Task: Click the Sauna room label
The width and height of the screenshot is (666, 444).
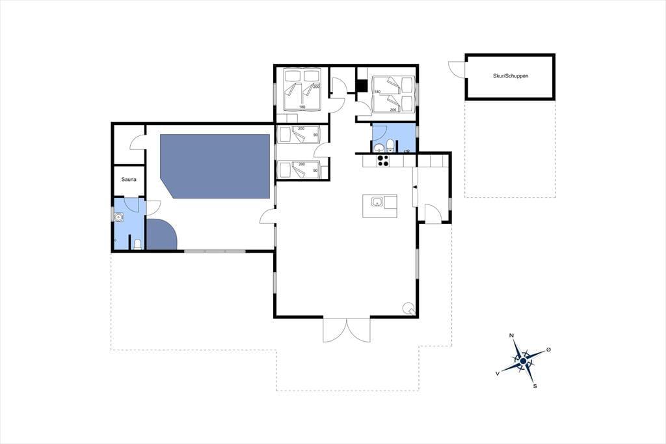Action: click(129, 180)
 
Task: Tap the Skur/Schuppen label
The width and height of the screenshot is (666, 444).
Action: click(511, 76)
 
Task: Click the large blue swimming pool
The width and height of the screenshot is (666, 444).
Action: click(215, 166)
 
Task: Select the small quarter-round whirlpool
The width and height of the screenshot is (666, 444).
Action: click(161, 235)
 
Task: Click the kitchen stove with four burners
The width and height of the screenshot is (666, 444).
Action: click(383, 160)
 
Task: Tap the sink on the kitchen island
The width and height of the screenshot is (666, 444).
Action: click(377, 202)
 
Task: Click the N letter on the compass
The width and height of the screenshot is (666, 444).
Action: click(512, 336)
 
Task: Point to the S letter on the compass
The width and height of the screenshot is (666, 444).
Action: click(535, 386)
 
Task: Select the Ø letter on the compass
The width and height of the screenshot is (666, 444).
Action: click(548, 349)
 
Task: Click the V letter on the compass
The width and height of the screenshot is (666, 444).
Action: click(498, 373)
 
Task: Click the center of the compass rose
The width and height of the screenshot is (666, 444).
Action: click(524, 361)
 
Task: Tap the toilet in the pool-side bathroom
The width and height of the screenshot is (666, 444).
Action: click(137, 244)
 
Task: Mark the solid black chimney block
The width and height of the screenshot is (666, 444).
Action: click(362, 86)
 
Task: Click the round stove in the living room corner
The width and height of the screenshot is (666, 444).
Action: click(408, 308)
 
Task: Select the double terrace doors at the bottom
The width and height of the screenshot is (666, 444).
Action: click(347, 329)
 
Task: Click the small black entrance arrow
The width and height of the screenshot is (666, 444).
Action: click(415, 187)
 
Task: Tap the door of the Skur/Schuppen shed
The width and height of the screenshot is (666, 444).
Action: click(457, 69)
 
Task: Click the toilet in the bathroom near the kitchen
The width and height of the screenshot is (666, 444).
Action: click(390, 145)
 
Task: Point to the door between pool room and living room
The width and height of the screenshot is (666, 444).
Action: click(267, 217)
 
